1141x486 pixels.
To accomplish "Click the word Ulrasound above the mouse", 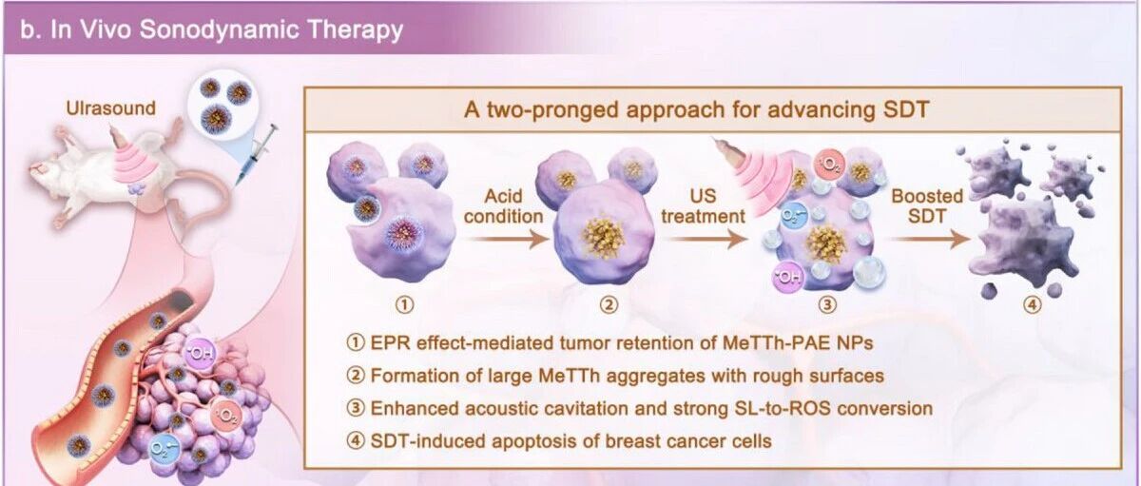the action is point(110,108).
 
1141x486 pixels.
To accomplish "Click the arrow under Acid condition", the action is point(506,239).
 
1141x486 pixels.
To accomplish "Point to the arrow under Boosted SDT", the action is point(929,239).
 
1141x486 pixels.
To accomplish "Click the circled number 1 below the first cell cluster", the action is point(405,304).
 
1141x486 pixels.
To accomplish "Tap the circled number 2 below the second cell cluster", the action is point(609,304).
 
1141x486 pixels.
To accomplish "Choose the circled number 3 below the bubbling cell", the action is point(827,304).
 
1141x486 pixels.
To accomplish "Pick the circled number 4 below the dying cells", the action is point(1033,304).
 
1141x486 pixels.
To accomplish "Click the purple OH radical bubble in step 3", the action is point(788,278).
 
